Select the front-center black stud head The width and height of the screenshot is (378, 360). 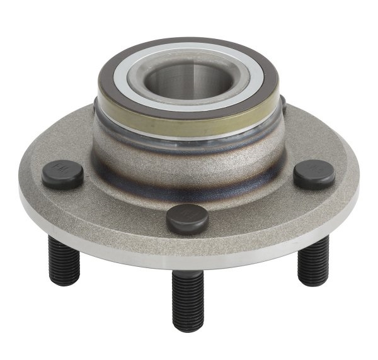click(187, 217)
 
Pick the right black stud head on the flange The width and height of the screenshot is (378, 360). click(314, 172)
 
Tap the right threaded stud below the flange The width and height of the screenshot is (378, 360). click(313, 261)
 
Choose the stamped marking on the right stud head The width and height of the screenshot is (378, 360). click(314, 169)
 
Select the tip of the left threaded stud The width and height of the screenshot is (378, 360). click(64, 281)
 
